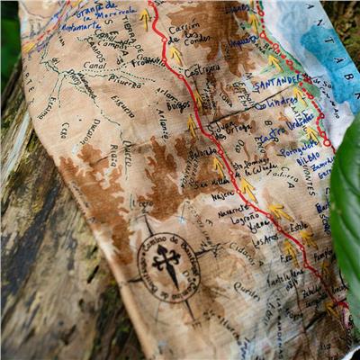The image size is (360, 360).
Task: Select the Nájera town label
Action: tap(222, 195)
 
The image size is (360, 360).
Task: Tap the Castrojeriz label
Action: tap(202, 68)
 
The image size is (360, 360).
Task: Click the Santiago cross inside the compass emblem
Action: tap(168, 265)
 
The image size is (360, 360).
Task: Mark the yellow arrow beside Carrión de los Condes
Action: tap(176, 54)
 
